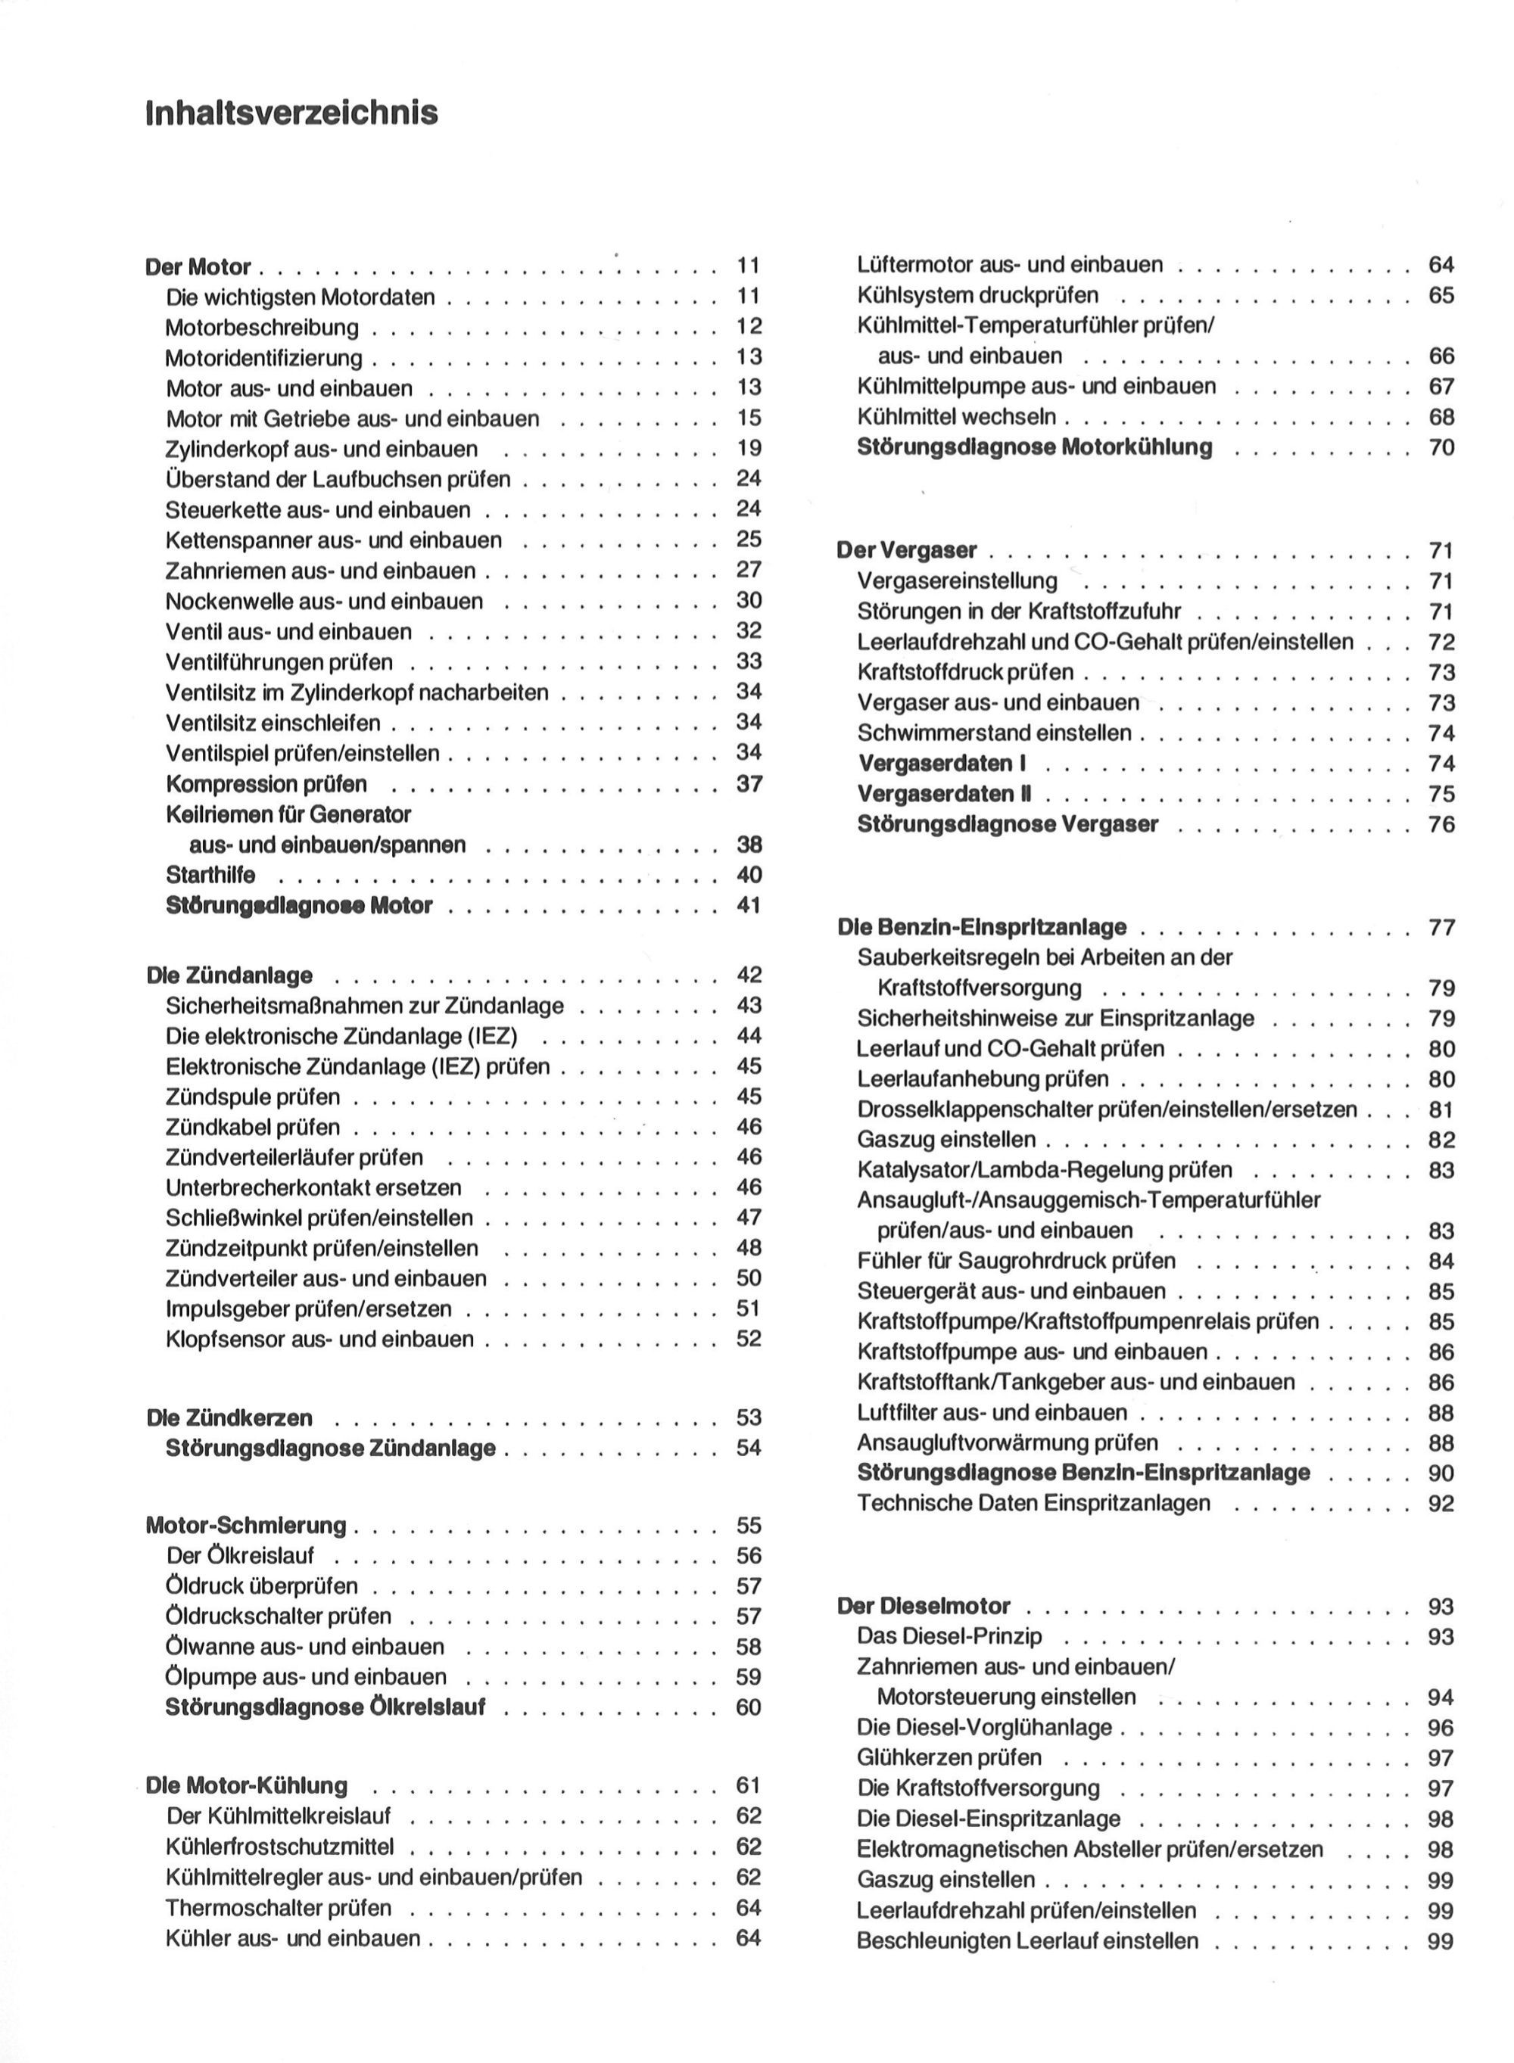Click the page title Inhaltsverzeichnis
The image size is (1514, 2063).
(x=291, y=114)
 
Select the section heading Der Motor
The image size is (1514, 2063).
(x=198, y=267)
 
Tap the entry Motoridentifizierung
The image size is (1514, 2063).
(x=264, y=358)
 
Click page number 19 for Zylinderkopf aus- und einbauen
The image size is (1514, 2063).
(x=749, y=448)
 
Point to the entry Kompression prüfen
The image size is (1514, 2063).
(x=266, y=784)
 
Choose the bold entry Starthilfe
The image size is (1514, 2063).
(x=210, y=875)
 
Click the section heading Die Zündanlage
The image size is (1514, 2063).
(x=229, y=975)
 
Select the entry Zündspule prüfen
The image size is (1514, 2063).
(x=253, y=1097)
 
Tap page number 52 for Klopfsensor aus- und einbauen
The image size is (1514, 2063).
(x=749, y=1339)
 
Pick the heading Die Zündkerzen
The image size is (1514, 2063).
(x=229, y=1418)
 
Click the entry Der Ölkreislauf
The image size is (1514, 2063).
(x=240, y=1555)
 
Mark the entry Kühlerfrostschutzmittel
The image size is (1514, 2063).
(x=279, y=1846)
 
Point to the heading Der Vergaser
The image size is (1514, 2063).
(x=906, y=550)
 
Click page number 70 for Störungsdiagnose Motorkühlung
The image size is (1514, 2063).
(x=1441, y=448)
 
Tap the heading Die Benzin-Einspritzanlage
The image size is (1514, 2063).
(x=982, y=927)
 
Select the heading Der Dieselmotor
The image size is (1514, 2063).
(x=924, y=1606)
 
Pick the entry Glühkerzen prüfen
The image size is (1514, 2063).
(x=949, y=1758)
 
